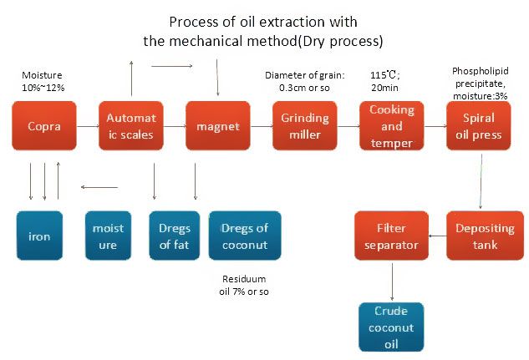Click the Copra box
pos(44,126)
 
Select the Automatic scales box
pos(131,126)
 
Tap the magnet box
pos(218,126)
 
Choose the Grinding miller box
pos(305,126)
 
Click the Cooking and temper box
pos(392,126)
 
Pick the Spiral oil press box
pos(478,126)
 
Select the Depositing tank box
pos(486,236)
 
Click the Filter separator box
pos(391,236)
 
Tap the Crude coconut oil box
pos(391,327)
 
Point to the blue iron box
pos(39,236)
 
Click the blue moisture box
pos(108,236)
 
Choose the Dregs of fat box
pos(175,236)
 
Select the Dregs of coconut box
pos(245,236)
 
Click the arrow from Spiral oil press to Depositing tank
pos(481,181)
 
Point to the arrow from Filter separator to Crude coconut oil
pos(392,281)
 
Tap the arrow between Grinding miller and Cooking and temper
pos(348,126)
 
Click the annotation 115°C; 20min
pos(384,81)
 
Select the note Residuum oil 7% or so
pos(244,285)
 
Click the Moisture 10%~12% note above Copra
pos(43,81)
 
